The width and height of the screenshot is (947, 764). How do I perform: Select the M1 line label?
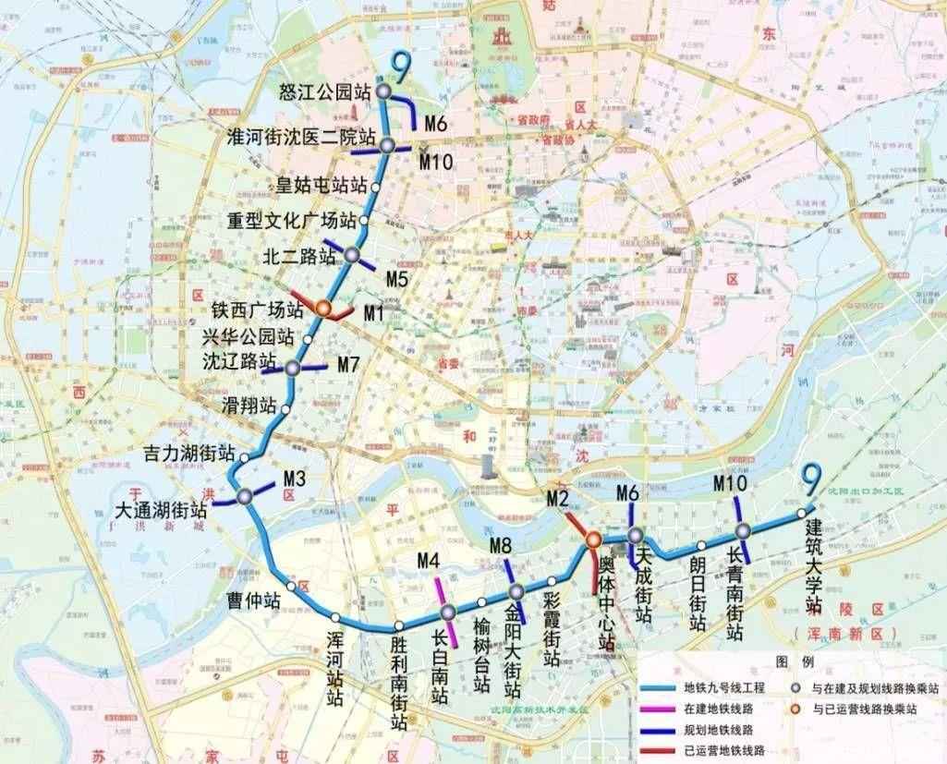point(373,314)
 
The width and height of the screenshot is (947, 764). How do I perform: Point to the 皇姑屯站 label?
point(316,184)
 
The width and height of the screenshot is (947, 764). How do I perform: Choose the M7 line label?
point(347,365)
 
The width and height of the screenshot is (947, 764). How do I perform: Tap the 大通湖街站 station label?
point(162,509)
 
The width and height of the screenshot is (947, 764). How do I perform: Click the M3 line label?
point(295,479)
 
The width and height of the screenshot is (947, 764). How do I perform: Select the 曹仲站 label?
point(254,600)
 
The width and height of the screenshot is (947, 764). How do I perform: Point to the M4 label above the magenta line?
point(429,560)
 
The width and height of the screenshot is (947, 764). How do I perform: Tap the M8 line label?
point(501,546)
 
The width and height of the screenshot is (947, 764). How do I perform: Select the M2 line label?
point(556,500)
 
